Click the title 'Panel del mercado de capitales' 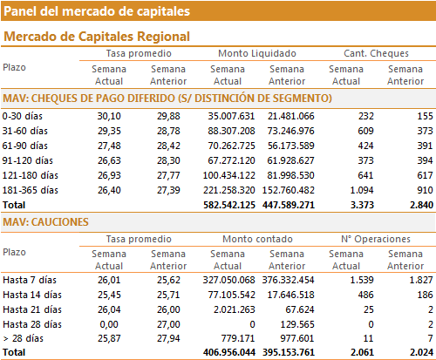pyautogui.click(x=97, y=11)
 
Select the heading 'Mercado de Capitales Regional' pyautogui.click(x=97, y=37)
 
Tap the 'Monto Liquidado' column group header pyautogui.click(x=257, y=53)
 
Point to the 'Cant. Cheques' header pyautogui.click(x=376, y=53)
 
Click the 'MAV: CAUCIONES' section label pyautogui.click(x=45, y=222)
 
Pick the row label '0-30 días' pyautogui.click(x=23, y=116)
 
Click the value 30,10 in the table pyautogui.click(x=109, y=116)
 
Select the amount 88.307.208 pyautogui.click(x=231, y=131)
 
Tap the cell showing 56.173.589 pyautogui.click(x=291, y=146)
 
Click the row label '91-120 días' pyautogui.click(x=28, y=160)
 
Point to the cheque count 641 pyautogui.click(x=365, y=175)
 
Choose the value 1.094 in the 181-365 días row pyautogui.click(x=362, y=190)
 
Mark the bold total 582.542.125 pyautogui.click(x=229, y=205)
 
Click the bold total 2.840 pyautogui.click(x=421, y=205)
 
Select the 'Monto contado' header pyautogui.click(x=257, y=239)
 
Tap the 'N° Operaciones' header pyautogui.click(x=376, y=239)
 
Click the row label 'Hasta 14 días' pyautogui.click(x=32, y=295)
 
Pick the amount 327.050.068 pyautogui.click(x=229, y=280)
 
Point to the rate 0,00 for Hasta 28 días pyautogui.click(x=109, y=324)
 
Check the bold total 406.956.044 pyautogui.click(x=229, y=352)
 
